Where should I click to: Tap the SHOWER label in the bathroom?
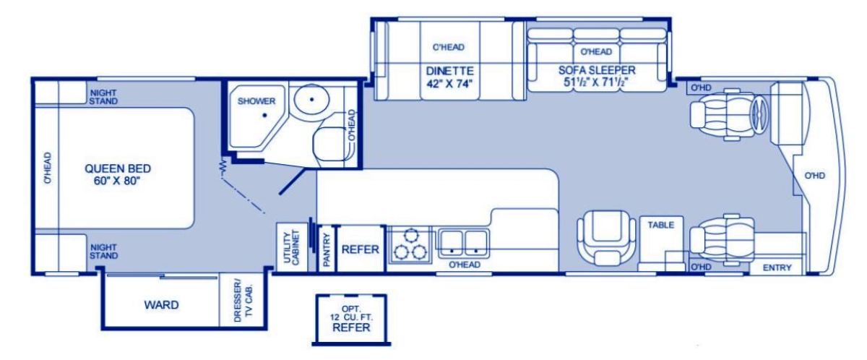256,101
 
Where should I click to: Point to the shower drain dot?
264,115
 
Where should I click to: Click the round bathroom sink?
311,99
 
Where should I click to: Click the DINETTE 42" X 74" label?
449,77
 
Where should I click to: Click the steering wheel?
759,115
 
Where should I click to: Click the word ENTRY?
777,267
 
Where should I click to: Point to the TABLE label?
660,225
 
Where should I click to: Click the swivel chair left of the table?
606,238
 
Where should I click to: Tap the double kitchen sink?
464,244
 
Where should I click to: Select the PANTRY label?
326,249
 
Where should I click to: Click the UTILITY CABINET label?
292,248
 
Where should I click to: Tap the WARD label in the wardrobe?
161,305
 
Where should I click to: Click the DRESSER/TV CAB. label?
243,303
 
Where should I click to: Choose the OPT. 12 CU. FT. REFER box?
351,320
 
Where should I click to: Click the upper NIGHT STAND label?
103,97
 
